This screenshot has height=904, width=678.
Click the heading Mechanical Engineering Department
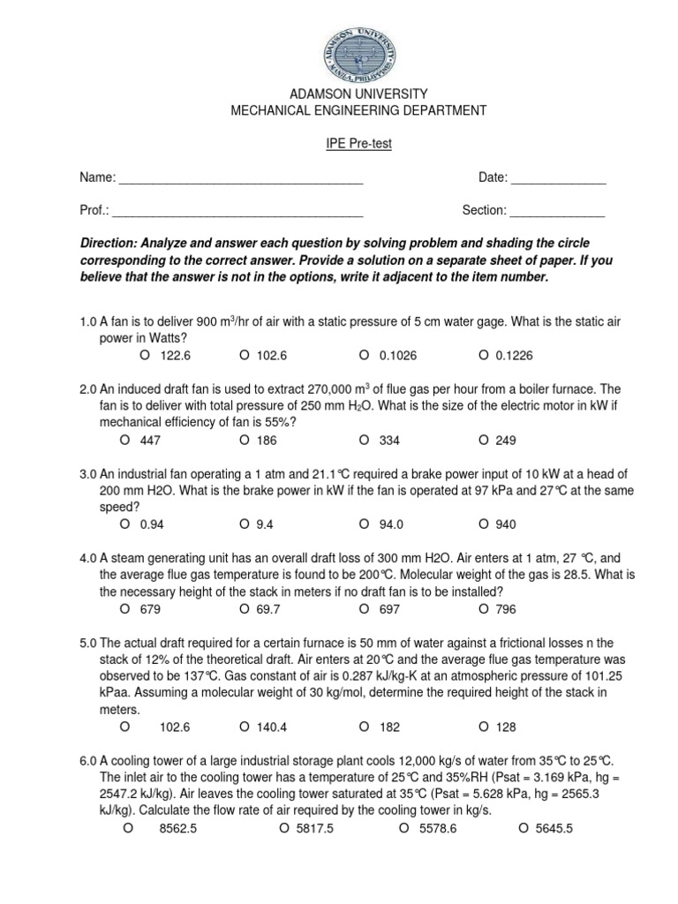[358, 110]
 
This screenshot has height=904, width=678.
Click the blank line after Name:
[241, 179]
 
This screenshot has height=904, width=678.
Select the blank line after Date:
[559, 179]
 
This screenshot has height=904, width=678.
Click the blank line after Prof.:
[238, 212]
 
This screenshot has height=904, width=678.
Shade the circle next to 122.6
[144, 355]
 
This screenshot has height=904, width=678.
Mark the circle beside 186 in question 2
[243, 440]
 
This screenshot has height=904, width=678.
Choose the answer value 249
[506, 441]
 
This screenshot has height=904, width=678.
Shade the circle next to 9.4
[243, 524]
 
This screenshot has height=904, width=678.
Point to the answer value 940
[506, 524]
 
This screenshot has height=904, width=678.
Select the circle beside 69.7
[243, 608]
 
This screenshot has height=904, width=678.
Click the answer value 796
[506, 609]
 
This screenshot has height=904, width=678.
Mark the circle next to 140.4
[243, 727]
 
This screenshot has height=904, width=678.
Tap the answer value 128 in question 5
[506, 727]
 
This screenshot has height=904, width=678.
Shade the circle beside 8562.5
[129, 827]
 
